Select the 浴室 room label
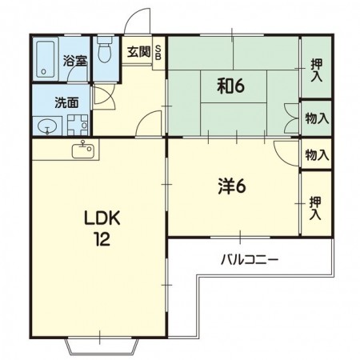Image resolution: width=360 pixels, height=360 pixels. [75, 61]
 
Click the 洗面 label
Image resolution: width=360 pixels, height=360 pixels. [66, 102]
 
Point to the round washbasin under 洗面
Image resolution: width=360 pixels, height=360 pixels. [47, 126]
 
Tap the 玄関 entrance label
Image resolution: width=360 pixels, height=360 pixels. [138, 52]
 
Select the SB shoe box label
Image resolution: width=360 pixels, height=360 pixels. [158, 53]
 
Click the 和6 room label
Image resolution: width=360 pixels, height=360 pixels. [230, 86]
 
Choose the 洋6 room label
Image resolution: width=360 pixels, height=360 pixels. [232, 186]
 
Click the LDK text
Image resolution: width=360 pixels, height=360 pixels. [102, 218]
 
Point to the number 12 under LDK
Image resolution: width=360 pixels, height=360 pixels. [102, 239]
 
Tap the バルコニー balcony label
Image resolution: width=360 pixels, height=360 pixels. [250, 259]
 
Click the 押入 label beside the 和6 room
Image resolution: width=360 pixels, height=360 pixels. [317, 70]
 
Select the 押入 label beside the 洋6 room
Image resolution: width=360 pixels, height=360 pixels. [315, 208]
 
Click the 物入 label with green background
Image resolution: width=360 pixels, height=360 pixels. [317, 118]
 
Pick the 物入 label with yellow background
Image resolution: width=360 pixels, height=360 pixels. [317, 155]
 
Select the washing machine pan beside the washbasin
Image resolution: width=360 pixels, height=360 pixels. [78, 125]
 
